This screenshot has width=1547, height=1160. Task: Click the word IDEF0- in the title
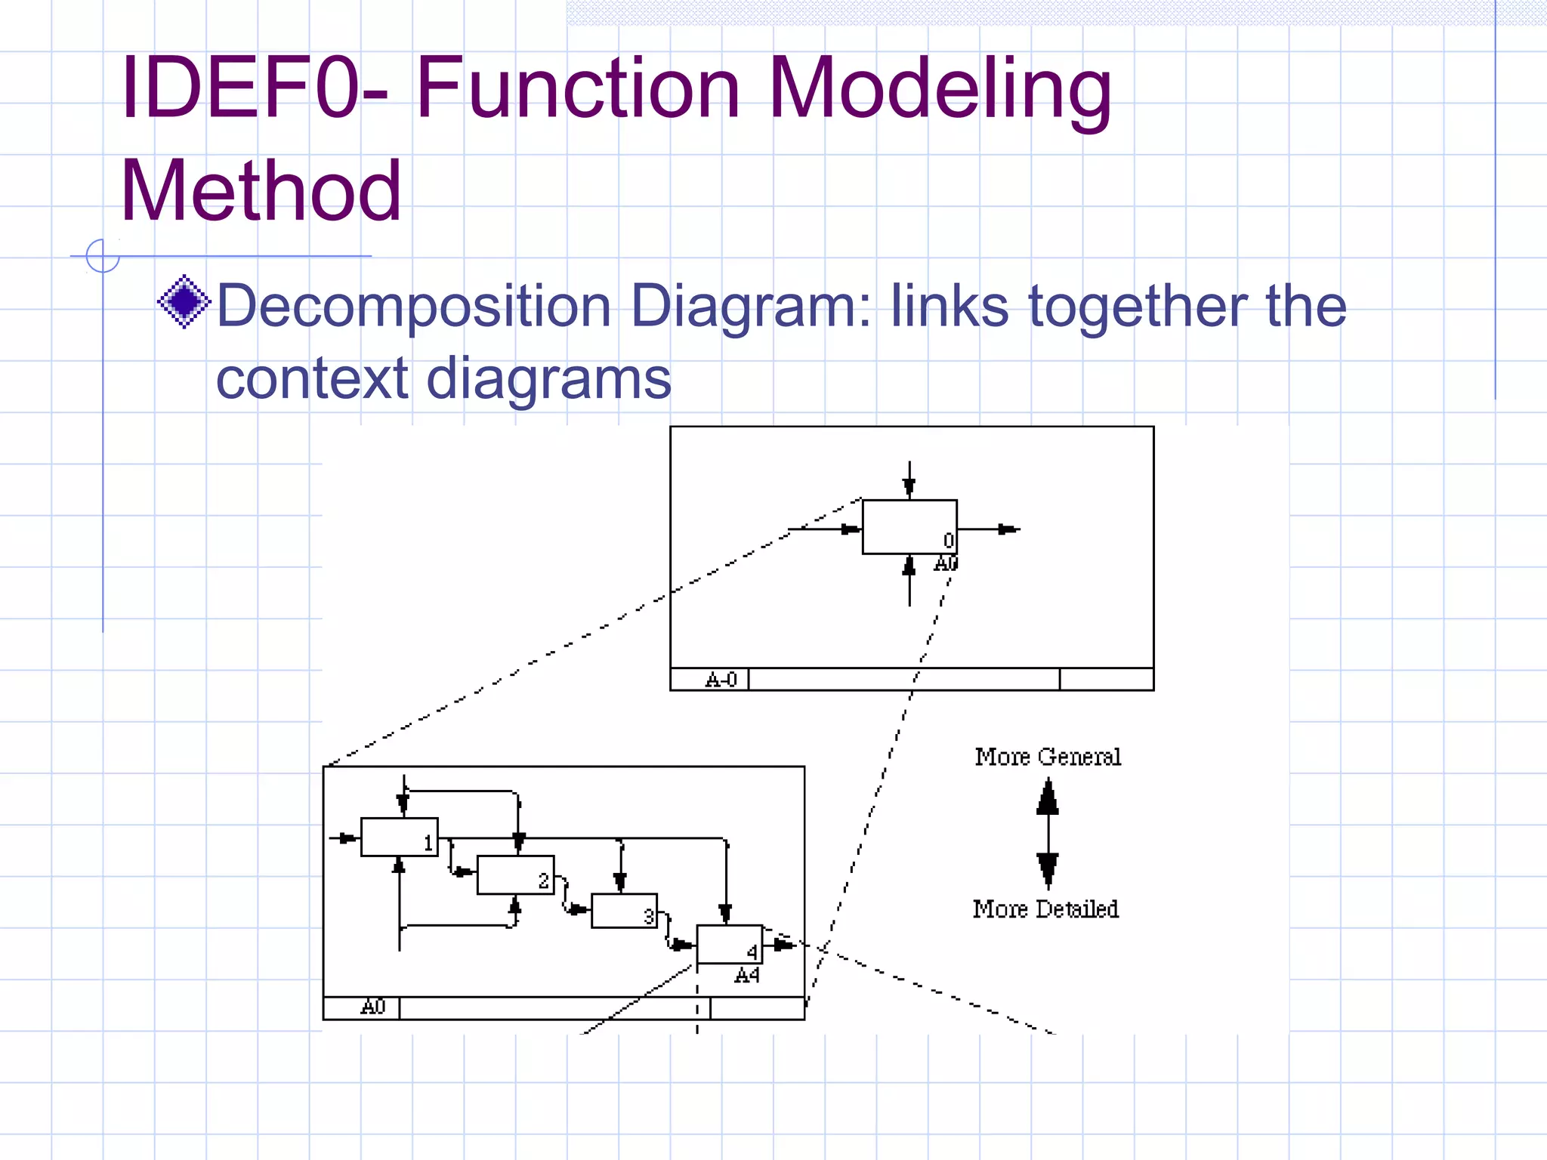click(254, 89)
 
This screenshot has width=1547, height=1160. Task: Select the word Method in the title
click(261, 190)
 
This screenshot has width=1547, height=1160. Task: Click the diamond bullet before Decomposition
click(184, 302)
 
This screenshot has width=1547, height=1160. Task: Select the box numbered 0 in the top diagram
click(909, 526)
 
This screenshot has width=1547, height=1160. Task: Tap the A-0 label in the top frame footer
click(720, 680)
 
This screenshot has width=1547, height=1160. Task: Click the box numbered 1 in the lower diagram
click(399, 837)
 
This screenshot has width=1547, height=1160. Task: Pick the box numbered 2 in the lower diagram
click(515, 875)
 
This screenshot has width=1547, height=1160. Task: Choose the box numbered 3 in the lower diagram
click(624, 911)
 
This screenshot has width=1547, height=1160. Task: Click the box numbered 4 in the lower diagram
click(729, 944)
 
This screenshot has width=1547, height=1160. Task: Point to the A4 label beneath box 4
click(746, 976)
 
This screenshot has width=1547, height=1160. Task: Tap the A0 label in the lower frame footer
click(373, 1007)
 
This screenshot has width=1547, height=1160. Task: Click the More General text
click(1048, 757)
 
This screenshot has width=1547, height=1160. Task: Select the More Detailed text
click(1045, 909)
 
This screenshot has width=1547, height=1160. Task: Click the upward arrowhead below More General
click(1048, 797)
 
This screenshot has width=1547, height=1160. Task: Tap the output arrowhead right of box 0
click(1008, 529)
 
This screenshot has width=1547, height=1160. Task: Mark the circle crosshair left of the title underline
click(103, 255)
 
